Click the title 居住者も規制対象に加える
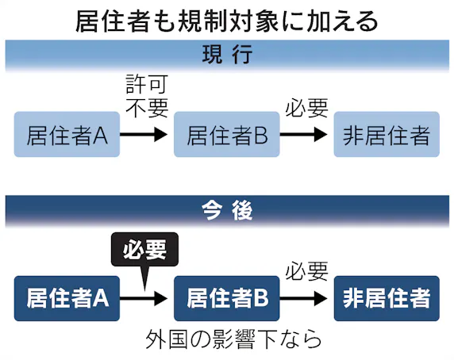227,20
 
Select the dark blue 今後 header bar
227,211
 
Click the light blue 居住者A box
67,135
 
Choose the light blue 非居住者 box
386,135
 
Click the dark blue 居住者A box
67,297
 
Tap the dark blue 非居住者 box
386,297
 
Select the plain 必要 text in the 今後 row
306,270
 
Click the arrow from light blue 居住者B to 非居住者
305,135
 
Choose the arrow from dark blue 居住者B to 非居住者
305,298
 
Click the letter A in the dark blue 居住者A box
101,298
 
